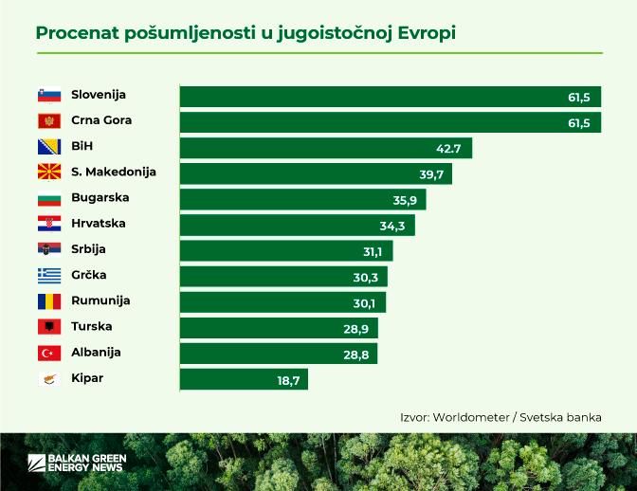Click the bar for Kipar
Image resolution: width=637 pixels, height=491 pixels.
pos(244,379)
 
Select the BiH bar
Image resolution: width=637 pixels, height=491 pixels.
pos(325,148)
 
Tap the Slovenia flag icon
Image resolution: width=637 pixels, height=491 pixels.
pos(49,95)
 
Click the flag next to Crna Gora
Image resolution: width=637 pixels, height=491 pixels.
pos(49,121)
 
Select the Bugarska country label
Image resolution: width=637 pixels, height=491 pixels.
pos(100,198)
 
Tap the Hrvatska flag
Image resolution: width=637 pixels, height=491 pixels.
pos(49,224)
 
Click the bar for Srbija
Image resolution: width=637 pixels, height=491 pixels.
pos(285,250)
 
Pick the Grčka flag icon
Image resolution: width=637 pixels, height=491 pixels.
pos(49,276)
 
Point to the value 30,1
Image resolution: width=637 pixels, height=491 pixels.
pos(364,302)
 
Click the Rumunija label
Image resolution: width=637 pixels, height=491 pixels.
pos(100,300)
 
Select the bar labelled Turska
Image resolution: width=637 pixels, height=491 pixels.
pos(279,328)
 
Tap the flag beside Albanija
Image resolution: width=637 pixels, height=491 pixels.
pos(49,353)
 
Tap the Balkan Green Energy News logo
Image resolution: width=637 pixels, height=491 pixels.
pos(77,463)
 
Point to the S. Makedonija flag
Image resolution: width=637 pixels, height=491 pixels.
pos(49,173)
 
